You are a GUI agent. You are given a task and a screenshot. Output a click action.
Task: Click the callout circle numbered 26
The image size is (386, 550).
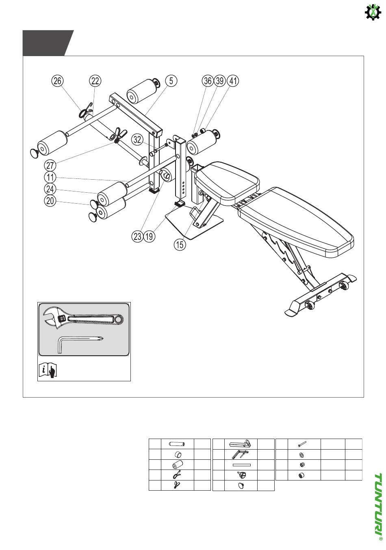[x=57, y=81]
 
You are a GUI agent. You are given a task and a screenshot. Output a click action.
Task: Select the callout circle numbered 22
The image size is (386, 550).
[x=95, y=81]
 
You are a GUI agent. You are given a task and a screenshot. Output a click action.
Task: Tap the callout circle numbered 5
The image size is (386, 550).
[x=171, y=81]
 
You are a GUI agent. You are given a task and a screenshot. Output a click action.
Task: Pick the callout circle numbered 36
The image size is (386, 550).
[x=208, y=81]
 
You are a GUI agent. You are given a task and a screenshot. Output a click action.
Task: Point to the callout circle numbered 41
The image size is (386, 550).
[x=233, y=81]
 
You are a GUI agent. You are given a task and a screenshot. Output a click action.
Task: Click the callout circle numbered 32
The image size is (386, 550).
[x=138, y=140]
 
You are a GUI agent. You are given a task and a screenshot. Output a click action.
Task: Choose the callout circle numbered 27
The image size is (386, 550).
[x=50, y=165]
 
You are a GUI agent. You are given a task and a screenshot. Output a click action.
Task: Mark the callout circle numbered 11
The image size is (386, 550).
[x=50, y=177]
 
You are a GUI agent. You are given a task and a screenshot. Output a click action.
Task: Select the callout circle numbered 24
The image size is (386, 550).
[x=50, y=189]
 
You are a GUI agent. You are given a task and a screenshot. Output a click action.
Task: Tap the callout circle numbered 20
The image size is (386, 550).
[x=50, y=201]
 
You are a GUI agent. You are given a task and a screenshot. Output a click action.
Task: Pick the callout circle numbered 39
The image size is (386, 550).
[x=220, y=81]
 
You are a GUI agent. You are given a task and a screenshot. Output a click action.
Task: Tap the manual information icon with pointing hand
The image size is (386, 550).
[x=48, y=371]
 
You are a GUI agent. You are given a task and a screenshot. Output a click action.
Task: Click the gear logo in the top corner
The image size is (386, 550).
[x=373, y=12]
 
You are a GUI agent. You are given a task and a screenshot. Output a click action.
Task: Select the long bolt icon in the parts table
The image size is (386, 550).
[x=301, y=444]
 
